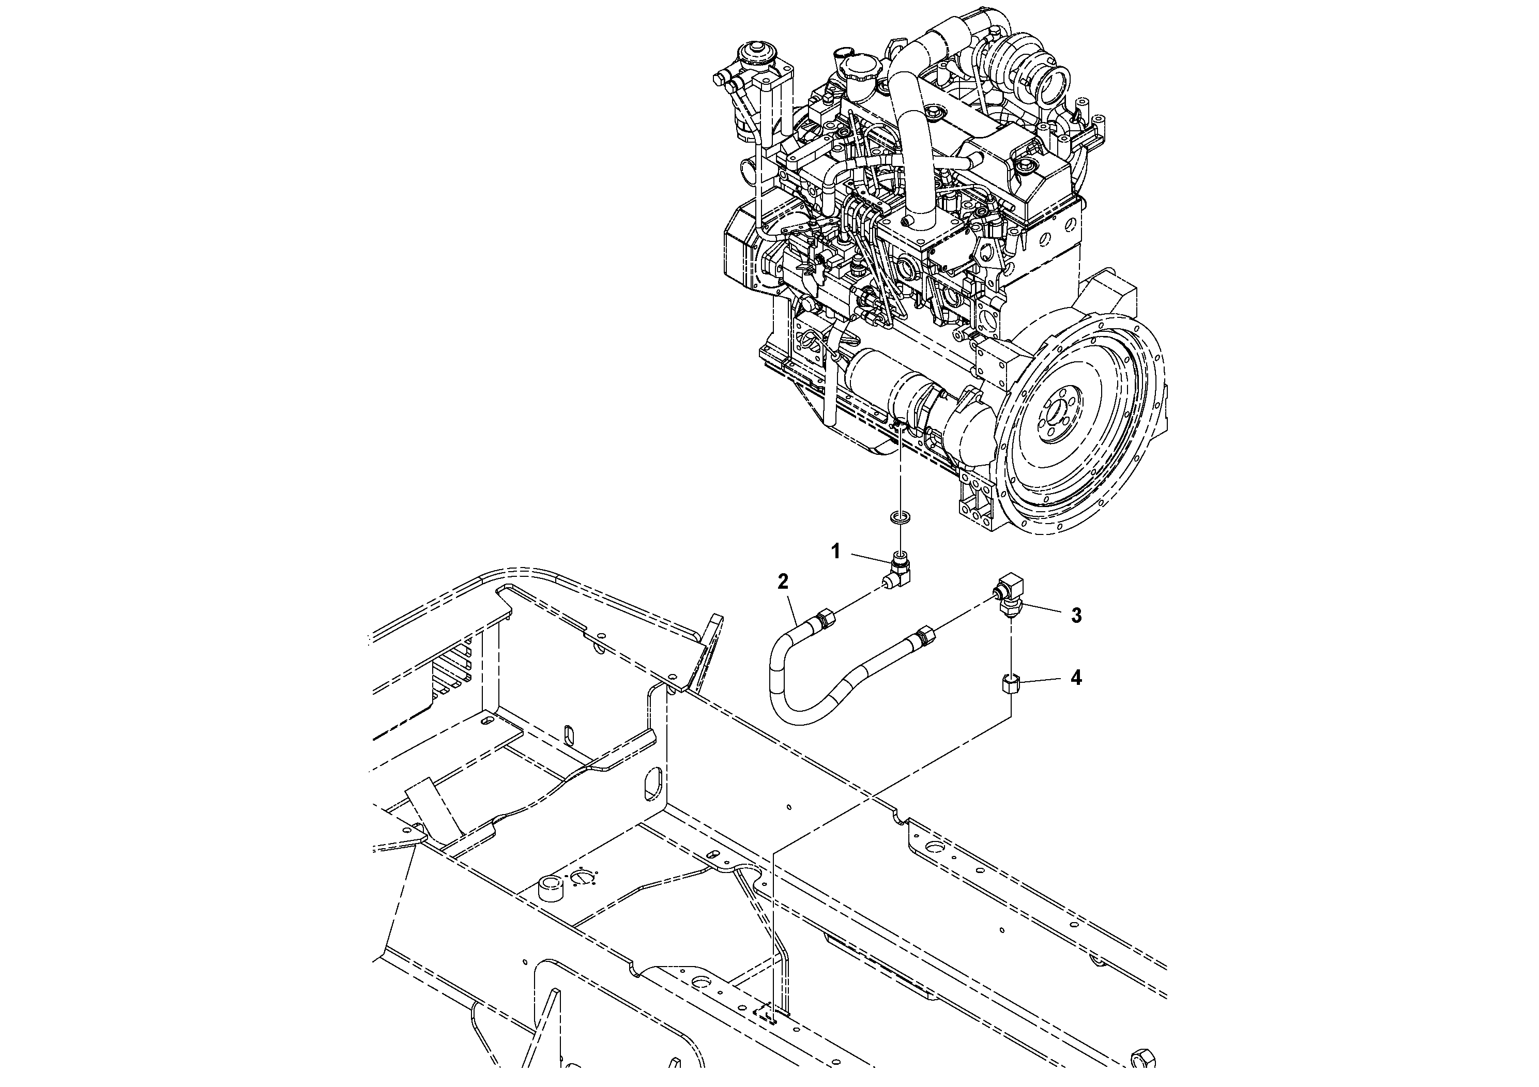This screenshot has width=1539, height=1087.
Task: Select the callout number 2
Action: pyautogui.click(x=783, y=581)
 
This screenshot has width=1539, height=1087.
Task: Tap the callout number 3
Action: pyautogui.click(x=1076, y=615)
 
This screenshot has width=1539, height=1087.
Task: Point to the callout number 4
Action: pyautogui.click(x=1076, y=678)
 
